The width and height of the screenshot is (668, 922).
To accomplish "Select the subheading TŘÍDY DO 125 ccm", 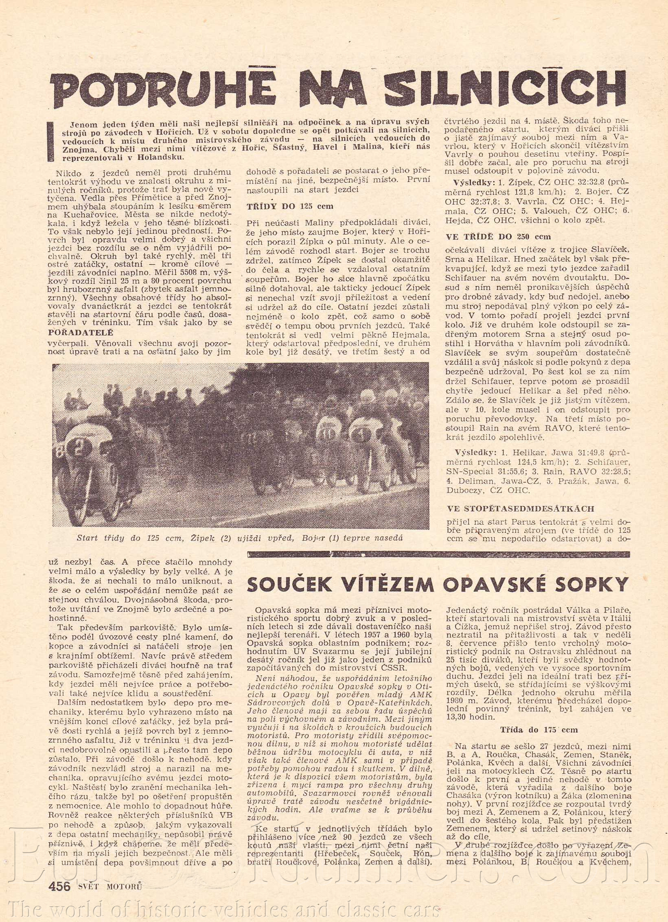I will click(290, 206).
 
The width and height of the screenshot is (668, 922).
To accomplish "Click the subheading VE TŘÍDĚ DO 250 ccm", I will click(498, 237).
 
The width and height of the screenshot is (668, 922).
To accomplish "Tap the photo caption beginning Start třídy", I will click(240, 538).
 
